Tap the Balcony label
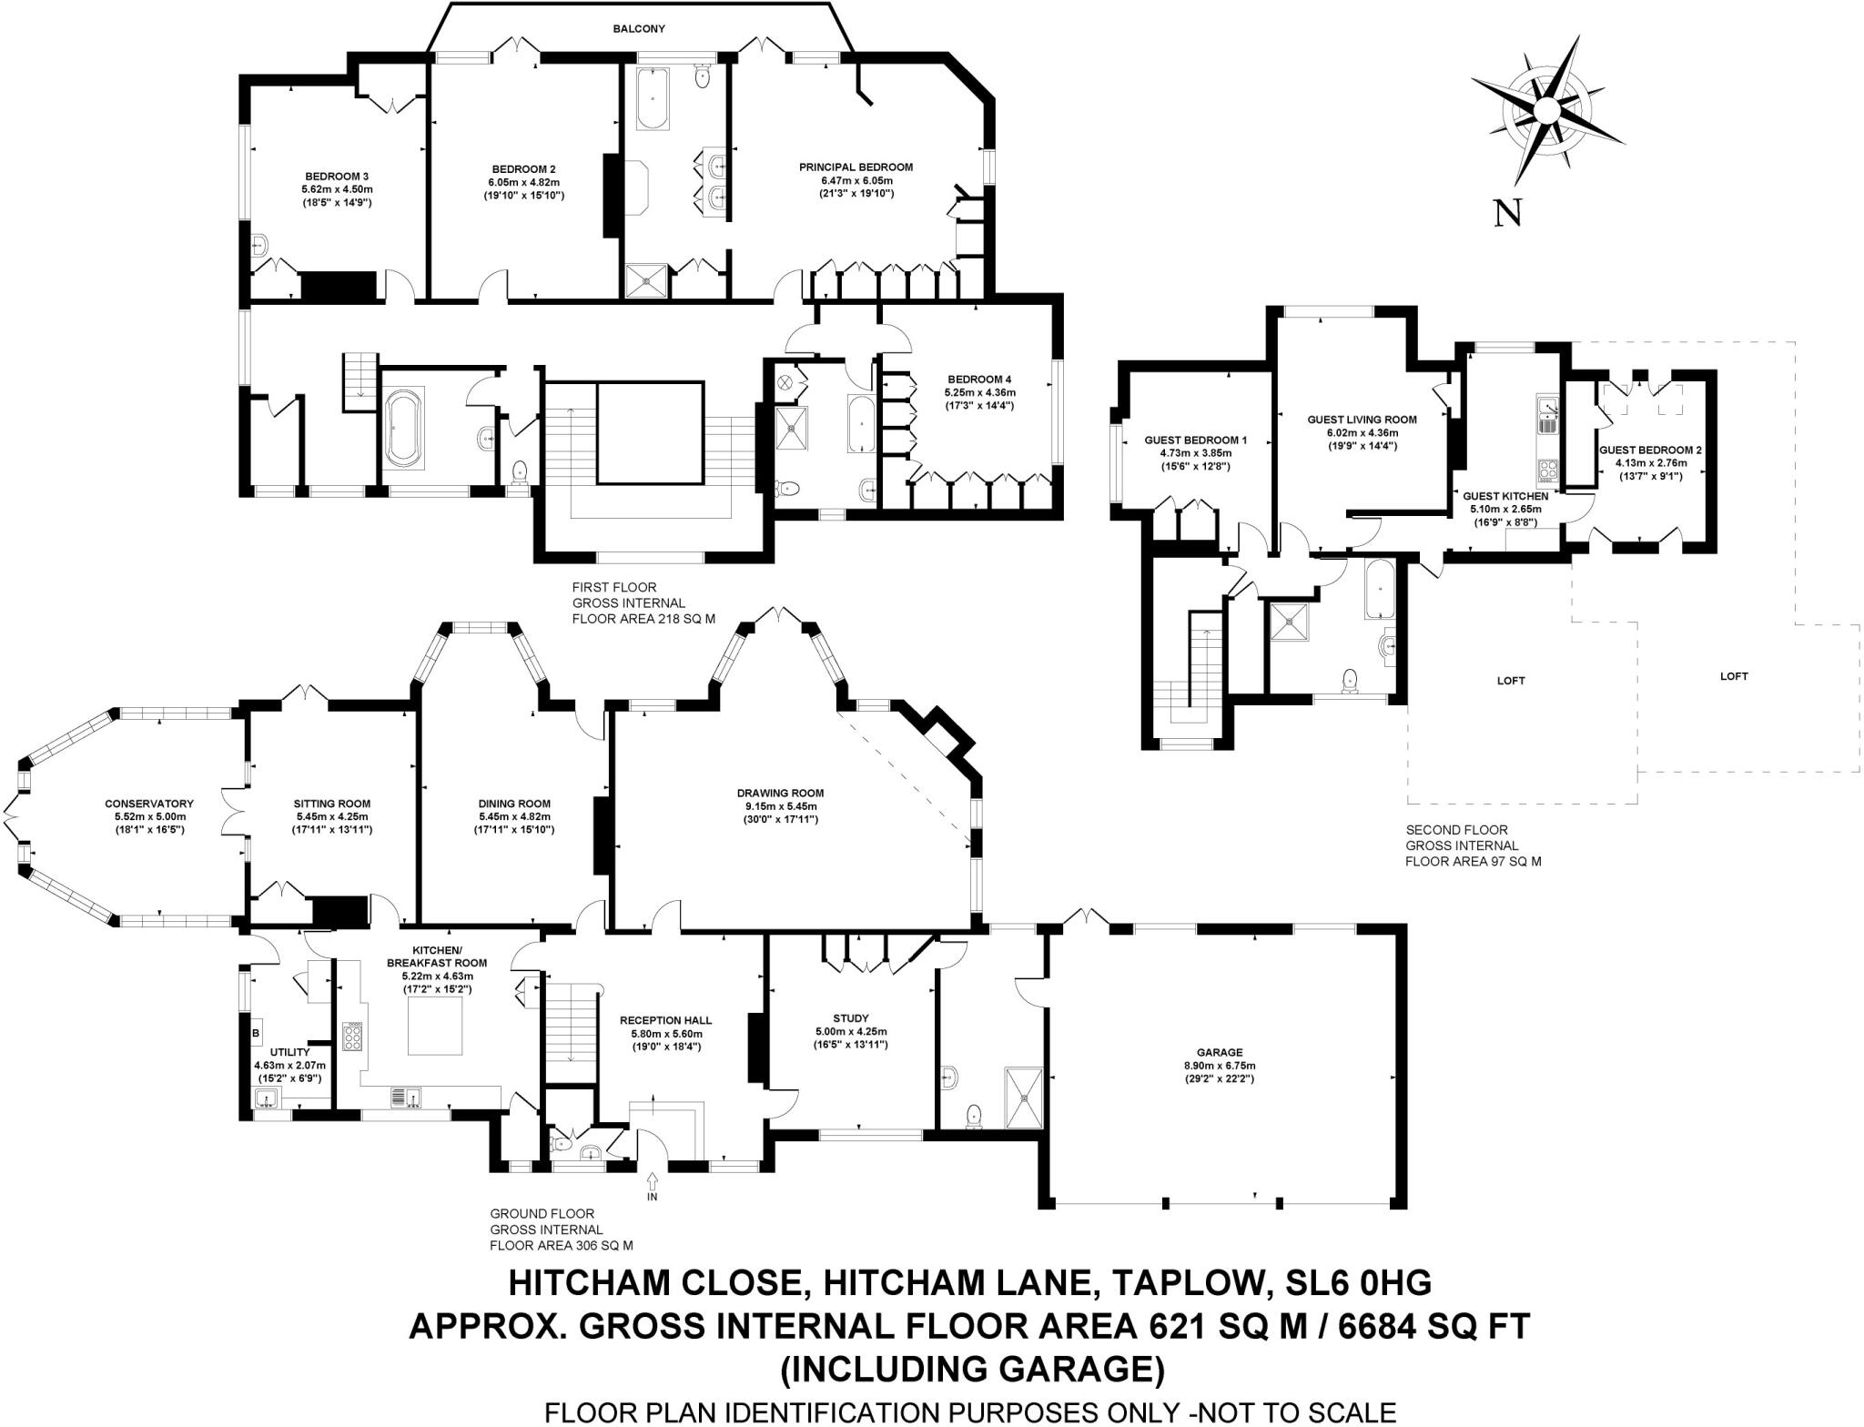coord(638,29)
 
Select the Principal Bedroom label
coord(856,167)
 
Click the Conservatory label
coord(149,804)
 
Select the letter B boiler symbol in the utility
coord(256,1034)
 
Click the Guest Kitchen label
coord(1505,496)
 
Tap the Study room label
coord(850,1018)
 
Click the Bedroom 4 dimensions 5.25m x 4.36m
coord(978,393)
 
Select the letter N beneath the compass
coord(1508,213)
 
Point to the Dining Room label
coord(514,804)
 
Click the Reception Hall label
coord(665,1020)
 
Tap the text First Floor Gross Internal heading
coord(628,595)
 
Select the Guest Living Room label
coord(1362,420)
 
